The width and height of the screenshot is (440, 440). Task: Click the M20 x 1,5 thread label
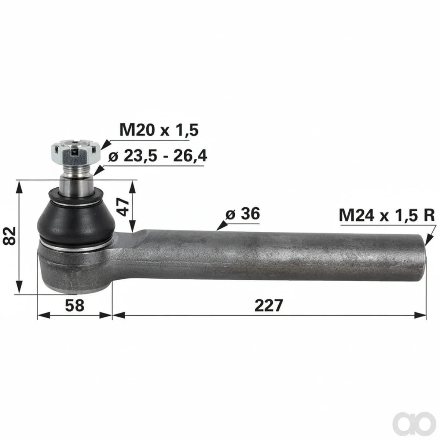tap(159, 131)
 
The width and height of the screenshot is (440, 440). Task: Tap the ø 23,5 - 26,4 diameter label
tap(158, 157)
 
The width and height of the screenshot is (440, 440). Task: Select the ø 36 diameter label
tap(242, 213)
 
